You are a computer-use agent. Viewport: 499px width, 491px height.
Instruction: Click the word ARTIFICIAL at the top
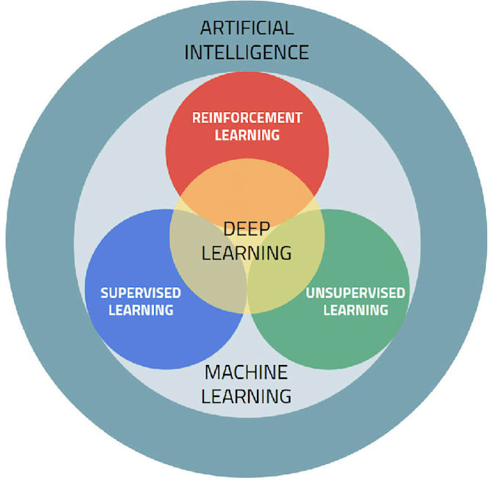tap(247, 29)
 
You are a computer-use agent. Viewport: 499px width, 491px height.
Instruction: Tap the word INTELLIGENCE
tap(247, 53)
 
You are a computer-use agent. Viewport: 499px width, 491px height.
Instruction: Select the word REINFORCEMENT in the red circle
tap(247, 117)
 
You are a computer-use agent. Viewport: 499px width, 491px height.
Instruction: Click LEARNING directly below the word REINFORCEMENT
tap(247, 135)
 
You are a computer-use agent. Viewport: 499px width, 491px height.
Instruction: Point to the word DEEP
tap(247, 229)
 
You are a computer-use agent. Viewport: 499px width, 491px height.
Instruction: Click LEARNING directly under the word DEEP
tap(247, 253)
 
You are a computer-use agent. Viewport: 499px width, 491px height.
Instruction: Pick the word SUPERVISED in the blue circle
tap(140, 292)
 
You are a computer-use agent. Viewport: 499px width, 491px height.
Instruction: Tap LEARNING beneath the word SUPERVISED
tap(140, 310)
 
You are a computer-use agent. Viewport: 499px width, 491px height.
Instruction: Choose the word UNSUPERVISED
tap(355, 292)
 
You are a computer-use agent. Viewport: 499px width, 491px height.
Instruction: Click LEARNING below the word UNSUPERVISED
tap(355, 310)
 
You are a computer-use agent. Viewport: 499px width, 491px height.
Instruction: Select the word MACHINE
tap(247, 372)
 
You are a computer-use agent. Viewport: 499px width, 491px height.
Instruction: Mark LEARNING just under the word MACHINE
tap(247, 396)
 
